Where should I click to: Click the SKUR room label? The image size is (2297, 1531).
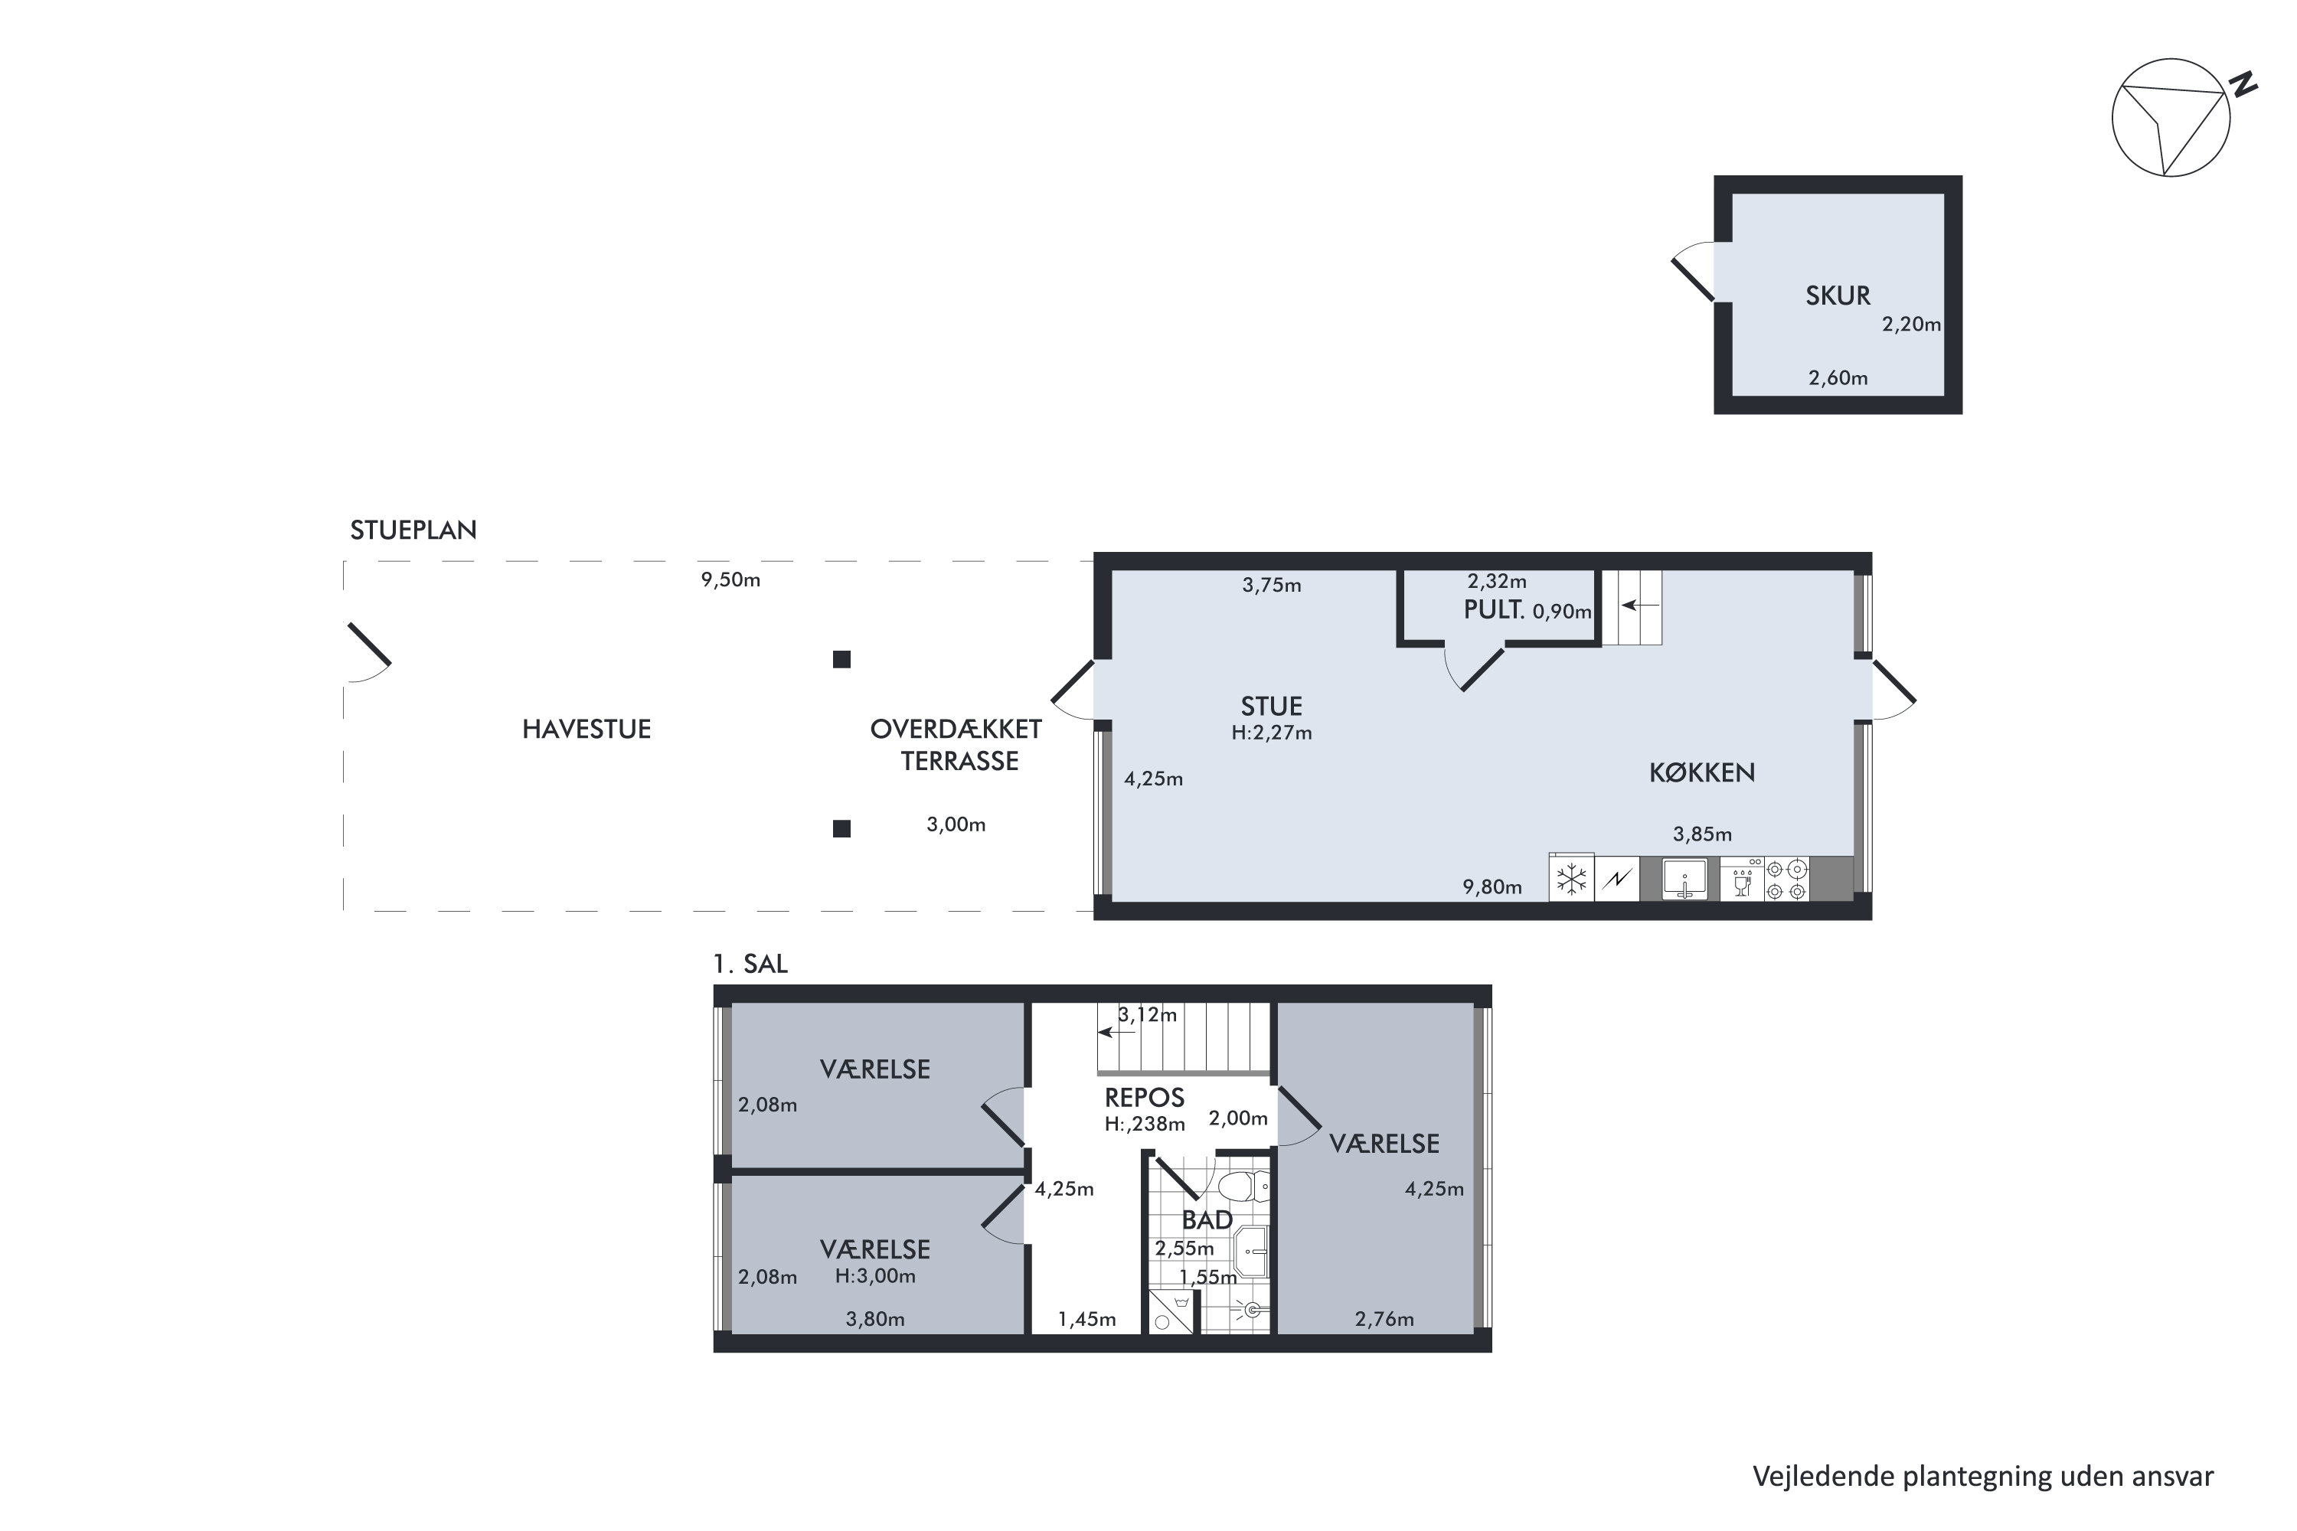click(1837, 295)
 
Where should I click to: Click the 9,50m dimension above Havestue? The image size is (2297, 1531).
click(730, 580)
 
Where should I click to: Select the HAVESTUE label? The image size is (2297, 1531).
click(586, 730)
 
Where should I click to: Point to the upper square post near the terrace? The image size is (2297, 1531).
click(841, 660)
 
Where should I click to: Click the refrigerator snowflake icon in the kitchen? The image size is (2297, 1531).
click(1571, 879)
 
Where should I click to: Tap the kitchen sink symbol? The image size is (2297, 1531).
click(1684, 878)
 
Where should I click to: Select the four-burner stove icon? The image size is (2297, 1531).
click(1786, 879)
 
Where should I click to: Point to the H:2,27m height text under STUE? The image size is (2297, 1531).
click(1272, 733)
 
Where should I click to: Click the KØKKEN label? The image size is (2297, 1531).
click(1702, 773)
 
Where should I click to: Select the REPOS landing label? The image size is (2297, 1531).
click(1145, 1098)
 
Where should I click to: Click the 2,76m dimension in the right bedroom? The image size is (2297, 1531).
click(1384, 1319)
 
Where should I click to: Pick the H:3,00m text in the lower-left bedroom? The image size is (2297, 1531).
click(875, 1276)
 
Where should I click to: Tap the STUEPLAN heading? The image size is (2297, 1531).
click(414, 530)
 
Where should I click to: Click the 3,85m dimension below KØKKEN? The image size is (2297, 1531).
click(1702, 834)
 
